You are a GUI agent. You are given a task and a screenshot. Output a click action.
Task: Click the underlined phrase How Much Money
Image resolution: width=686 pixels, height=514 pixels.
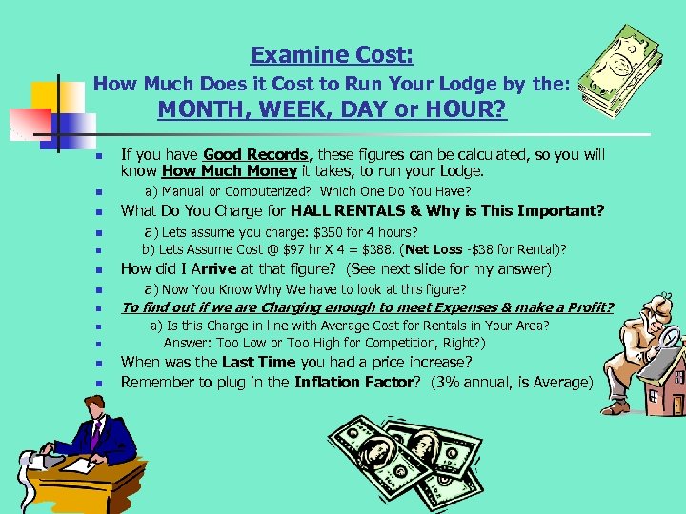(217, 172)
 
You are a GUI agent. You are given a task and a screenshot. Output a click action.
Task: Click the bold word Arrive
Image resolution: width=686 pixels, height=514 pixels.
(214, 269)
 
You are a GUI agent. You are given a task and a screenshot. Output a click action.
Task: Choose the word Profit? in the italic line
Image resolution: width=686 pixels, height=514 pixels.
(587, 306)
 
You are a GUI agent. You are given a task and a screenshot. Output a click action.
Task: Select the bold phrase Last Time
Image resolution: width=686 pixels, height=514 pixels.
(259, 362)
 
